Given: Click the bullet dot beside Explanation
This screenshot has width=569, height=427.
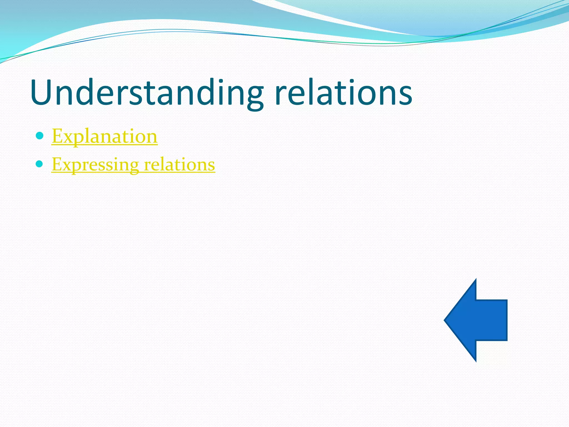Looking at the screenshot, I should (x=40, y=136).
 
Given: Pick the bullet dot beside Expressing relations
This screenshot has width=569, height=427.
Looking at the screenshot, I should (x=40, y=164).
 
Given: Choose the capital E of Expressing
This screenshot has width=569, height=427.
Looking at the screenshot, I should (x=57, y=165).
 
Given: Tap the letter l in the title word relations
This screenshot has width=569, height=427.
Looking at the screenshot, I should (x=313, y=92).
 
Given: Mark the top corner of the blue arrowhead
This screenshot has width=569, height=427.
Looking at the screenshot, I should (x=476, y=280).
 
